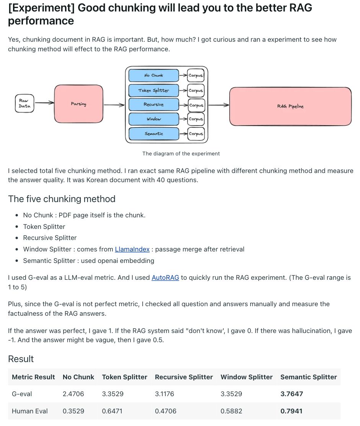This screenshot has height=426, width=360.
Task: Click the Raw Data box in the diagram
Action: [x=24, y=104]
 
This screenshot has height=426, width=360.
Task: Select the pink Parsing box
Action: [x=79, y=104]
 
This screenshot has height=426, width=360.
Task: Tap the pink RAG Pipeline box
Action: [x=290, y=106]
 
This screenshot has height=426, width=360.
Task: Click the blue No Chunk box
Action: [x=154, y=75]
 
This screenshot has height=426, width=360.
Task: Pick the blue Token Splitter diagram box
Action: [x=154, y=90]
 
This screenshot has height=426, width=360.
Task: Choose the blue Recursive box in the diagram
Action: [x=154, y=104]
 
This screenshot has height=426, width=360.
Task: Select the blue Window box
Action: [x=154, y=119]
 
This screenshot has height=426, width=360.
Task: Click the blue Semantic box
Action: [x=154, y=134]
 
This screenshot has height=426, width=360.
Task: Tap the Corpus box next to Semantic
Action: [x=196, y=134]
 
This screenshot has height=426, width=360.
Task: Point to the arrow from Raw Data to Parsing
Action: [x=44, y=103]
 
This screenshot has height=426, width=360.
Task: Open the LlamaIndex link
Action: [x=132, y=249]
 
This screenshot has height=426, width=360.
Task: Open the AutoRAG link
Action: [x=165, y=277]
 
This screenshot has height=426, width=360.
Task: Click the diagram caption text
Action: [x=181, y=153]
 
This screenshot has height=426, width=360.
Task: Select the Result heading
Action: [x=21, y=359]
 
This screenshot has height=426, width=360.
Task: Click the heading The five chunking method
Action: [x=62, y=199]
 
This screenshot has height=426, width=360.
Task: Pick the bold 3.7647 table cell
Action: [x=292, y=394]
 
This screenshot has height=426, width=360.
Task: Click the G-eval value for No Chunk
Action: [x=73, y=394]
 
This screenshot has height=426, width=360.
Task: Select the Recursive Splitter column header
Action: [x=184, y=377]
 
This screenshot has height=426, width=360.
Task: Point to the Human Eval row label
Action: [x=30, y=411]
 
